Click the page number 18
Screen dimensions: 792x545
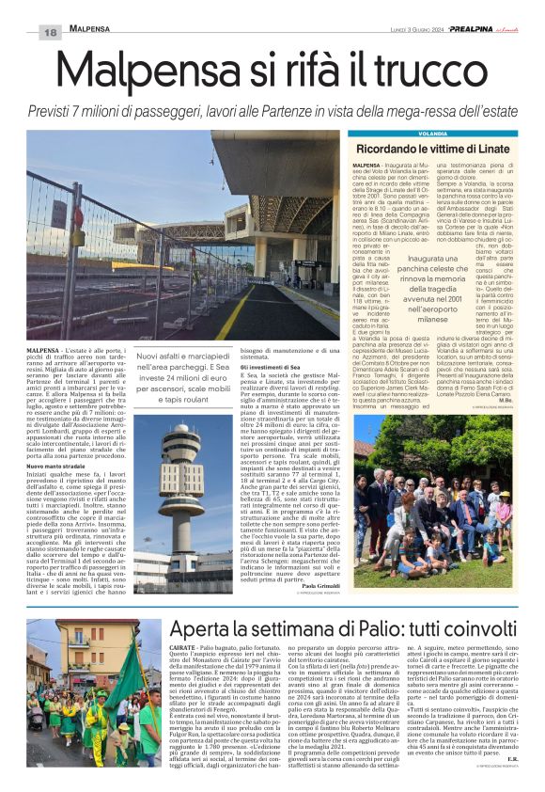(50, 33)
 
